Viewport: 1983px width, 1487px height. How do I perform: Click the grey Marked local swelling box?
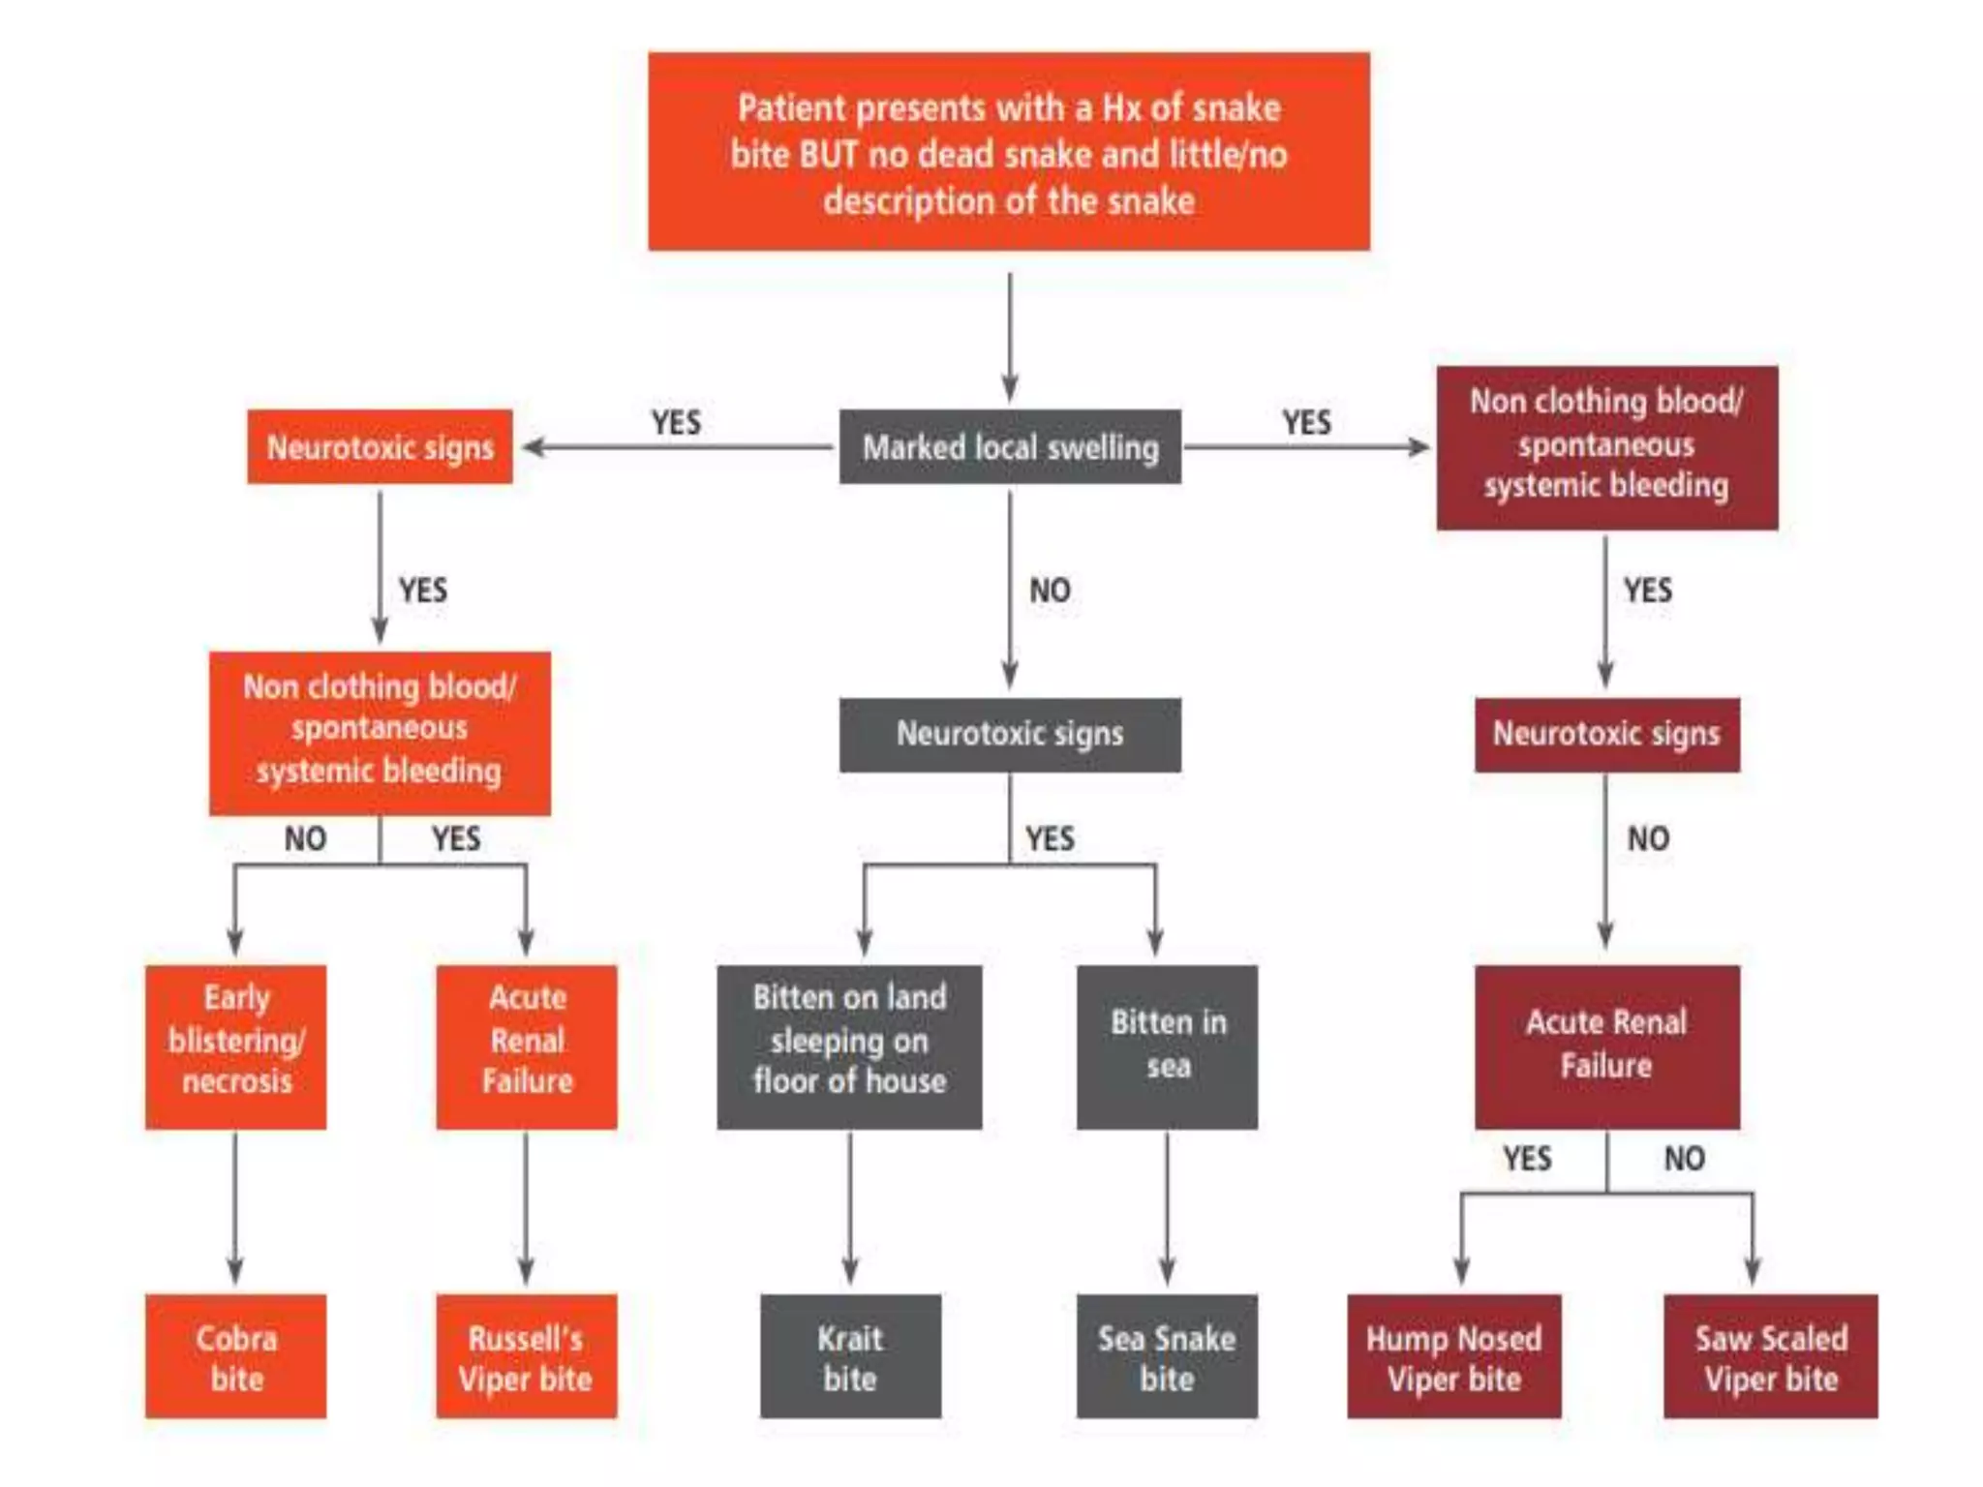(x=1010, y=447)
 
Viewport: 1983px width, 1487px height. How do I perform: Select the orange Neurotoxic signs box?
(x=380, y=447)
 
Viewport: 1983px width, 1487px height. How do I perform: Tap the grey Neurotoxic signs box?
(x=1010, y=734)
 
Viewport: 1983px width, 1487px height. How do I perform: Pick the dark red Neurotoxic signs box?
(x=1606, y=734)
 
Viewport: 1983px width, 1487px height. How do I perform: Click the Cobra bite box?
(x=235, y=1356)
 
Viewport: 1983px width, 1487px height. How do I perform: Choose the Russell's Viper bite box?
(x=526, y=1356)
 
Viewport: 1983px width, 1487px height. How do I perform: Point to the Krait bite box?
(x=850, y=1356)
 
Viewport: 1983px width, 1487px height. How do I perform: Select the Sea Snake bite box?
(x=1167, y=1356)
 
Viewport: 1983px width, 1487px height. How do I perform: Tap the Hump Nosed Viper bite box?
(x=1453, y=1356)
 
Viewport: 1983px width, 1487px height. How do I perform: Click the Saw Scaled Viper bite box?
(x=1771, y=1356)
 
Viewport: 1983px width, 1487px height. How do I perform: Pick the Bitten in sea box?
(x=1167, y=1047)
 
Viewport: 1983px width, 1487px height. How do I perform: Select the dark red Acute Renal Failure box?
(x=1606, y=1047)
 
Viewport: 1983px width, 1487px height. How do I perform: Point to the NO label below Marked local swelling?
(x=1050, y=590)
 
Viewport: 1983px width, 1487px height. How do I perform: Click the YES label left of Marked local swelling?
(x=676, y=422)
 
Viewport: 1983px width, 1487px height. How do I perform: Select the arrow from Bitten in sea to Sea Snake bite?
(x=1167, y=1210)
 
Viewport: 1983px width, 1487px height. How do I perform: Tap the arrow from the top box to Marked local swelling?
(x=1010, y=334)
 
